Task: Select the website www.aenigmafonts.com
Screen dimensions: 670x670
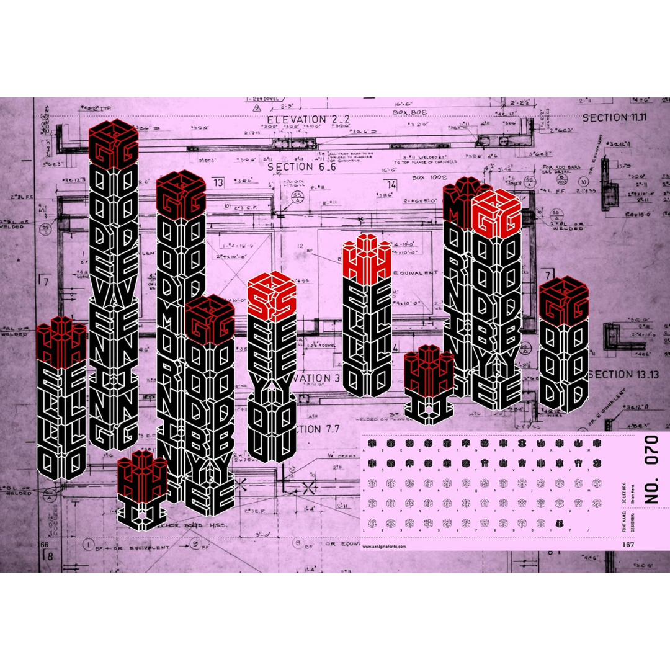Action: pos(385,547)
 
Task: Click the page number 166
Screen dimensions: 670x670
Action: pos(43,544)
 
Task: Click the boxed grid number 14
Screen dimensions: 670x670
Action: pos(391,185)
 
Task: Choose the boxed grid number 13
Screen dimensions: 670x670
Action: pos(218,184)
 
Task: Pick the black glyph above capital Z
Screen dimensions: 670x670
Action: pos(597,463)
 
